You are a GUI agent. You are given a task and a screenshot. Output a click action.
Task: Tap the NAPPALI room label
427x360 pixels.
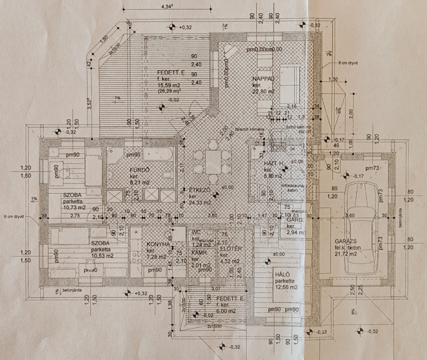[263, 78]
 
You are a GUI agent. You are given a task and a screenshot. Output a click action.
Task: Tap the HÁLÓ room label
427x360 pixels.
[282, 276]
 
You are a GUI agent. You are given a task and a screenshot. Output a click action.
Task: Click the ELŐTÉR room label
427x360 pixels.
[231, 249]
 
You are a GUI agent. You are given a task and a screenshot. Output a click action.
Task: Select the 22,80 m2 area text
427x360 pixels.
[265, 91]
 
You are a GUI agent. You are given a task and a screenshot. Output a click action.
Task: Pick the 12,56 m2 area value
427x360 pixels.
[286, 289]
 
